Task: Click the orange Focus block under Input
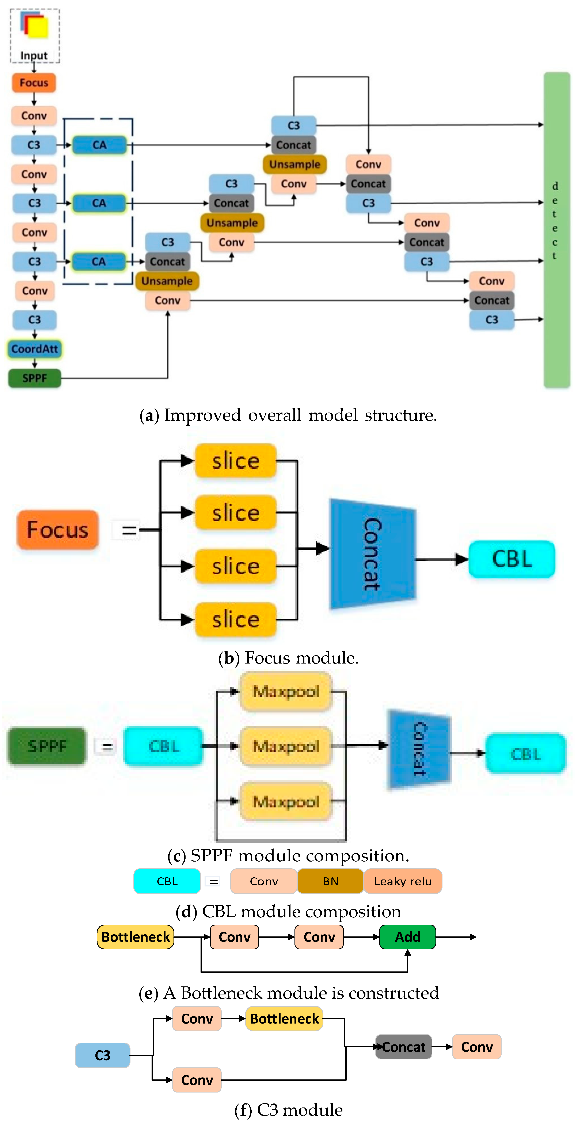34,83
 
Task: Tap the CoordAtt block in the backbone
35,349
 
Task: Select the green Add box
407,937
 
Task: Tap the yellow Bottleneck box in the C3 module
284,1018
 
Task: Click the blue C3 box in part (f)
103,1055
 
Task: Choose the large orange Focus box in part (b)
57,529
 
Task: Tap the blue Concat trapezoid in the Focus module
372,554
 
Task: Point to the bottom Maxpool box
286,802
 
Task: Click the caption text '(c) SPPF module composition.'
288,855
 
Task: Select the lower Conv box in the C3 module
197,1080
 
